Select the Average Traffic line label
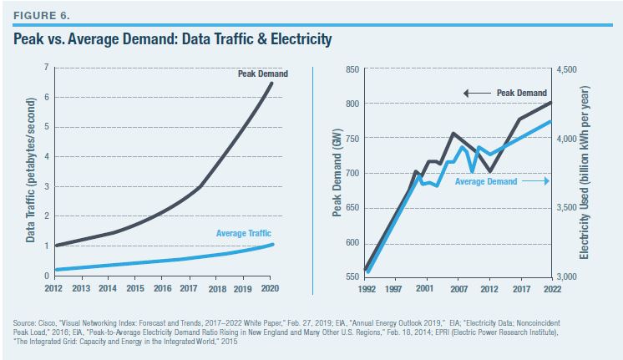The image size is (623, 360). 243,233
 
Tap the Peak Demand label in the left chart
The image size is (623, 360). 251,74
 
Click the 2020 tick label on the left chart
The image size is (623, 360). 268,288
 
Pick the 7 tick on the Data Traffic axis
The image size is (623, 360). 48,67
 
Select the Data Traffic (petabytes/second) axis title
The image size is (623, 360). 30,170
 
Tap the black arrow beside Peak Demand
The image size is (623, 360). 478,93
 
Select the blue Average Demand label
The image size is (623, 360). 486,180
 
